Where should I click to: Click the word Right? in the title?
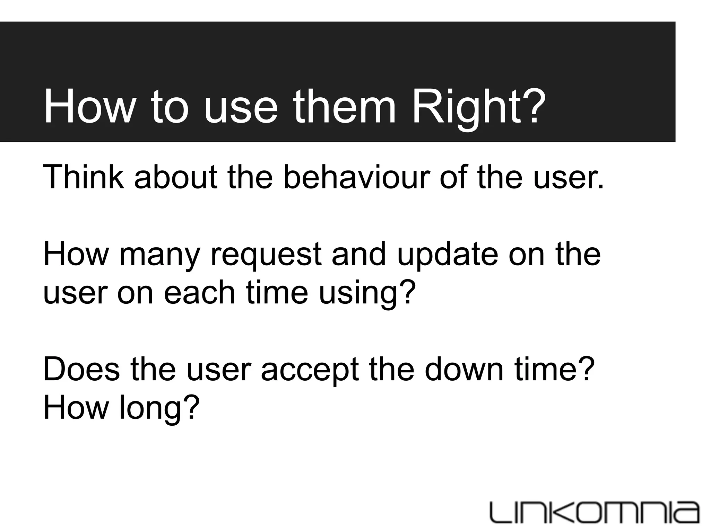point(478,107)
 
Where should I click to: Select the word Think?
point(83,177)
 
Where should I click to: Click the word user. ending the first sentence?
point(569,177)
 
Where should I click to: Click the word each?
point(200,293)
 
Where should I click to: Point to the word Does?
point(81,370)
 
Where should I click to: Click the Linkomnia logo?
point(594,512)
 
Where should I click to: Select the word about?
point(175,177)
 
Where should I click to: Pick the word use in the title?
point(241,107)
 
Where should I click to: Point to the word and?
point(359,255)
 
